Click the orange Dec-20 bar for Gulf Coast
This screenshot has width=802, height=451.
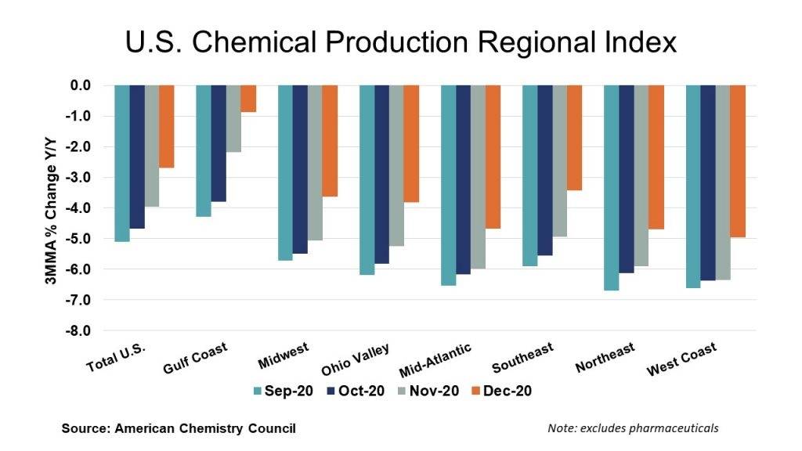click(x=248, y=99)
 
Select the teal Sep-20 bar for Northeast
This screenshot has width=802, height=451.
click(x=612, y=187)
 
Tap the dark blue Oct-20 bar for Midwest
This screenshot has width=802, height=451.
click(x=300, y=168)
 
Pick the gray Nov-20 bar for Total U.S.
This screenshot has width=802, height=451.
click(x=152, y=146)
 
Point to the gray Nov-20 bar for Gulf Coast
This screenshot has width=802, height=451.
click(x=233, y=118)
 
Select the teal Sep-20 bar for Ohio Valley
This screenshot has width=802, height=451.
click(x=367, y=179)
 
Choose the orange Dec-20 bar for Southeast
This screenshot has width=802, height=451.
click(x=575, y=137)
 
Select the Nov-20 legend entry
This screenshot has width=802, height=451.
click(x=428, y=390)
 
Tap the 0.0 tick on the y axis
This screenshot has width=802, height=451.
click(x=80, y=85)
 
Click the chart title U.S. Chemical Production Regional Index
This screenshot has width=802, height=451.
click(x=400, y=42)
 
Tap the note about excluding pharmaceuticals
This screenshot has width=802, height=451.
click(x=634, y=428)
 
